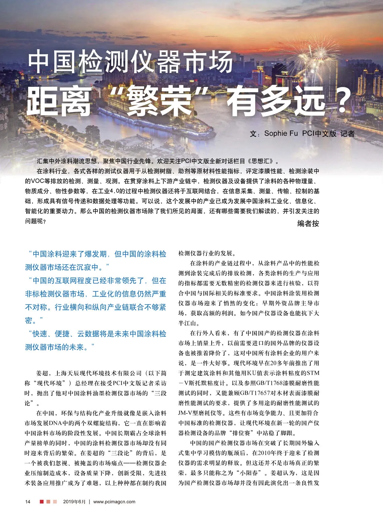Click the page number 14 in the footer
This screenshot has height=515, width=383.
point(28,502)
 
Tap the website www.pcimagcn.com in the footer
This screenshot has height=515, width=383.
point(114,502)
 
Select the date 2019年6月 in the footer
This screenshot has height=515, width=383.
point(74,502)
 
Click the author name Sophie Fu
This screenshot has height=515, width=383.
point(281,133)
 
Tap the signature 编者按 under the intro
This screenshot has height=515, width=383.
point(308,223)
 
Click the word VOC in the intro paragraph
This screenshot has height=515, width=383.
point(39,181)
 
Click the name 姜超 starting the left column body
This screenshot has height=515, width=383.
point(42,373)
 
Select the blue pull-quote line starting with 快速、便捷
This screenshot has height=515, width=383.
point(96,334)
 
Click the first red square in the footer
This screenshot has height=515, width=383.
point(41,502)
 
